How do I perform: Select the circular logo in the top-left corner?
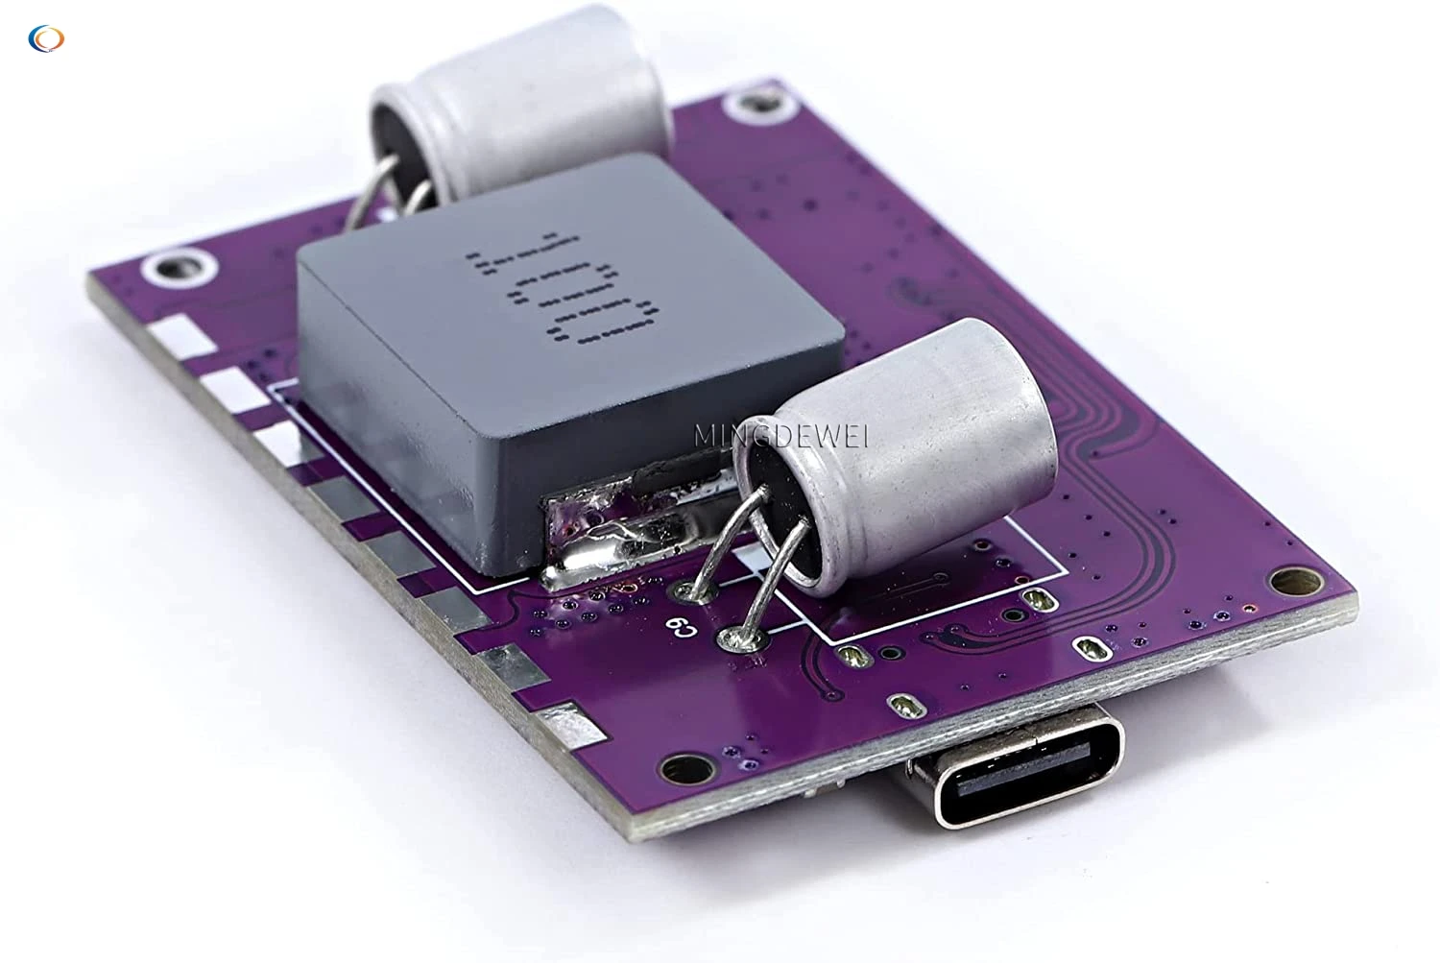click(46, 38)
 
